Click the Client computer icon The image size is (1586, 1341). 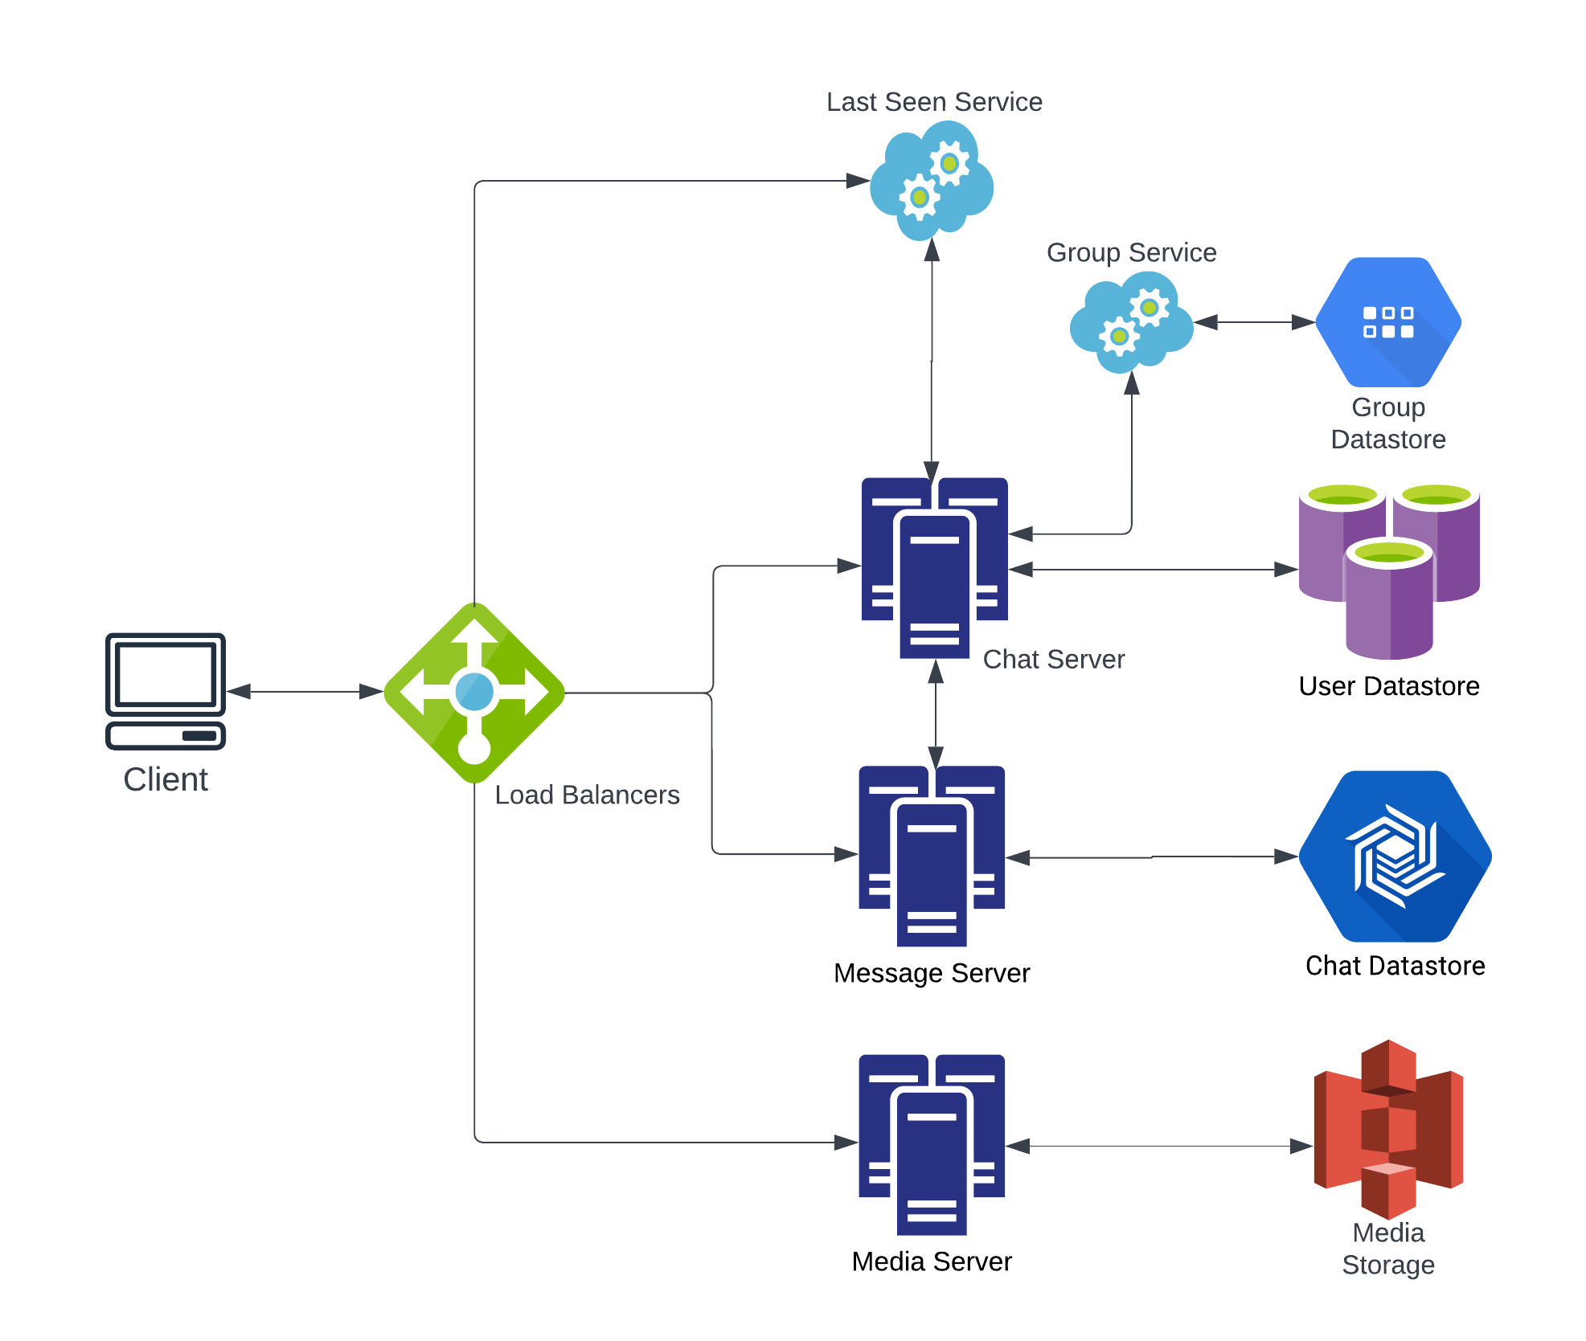166,691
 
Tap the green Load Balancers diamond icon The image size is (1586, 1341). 474,693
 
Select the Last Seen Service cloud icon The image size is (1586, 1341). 932,181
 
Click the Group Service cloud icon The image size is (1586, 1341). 1132,323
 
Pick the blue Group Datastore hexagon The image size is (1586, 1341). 1388,322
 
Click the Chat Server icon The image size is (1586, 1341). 934,567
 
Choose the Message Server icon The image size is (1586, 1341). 932,856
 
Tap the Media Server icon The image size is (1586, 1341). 932,1144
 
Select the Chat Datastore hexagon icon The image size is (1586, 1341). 1395,857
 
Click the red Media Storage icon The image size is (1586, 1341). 1388,1129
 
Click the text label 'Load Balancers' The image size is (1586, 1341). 587,795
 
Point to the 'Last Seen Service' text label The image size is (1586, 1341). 934,102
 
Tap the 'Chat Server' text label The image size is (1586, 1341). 1053,659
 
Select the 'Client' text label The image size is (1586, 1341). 166,779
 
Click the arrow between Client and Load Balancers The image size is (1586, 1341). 305,691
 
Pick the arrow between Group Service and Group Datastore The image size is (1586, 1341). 1255,322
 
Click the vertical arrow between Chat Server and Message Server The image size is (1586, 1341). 936,713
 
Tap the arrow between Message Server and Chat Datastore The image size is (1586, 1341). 1152,857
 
